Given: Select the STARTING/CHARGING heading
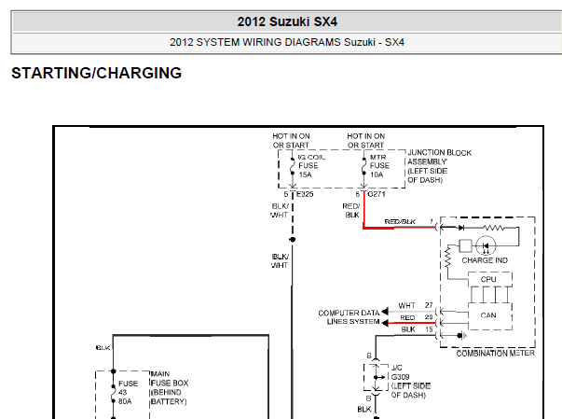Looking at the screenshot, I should click(96, 73).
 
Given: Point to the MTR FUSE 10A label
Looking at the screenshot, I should click(377, 165).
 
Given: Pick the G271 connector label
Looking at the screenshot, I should click(377, 194).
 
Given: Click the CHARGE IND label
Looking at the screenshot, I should click(484, 260).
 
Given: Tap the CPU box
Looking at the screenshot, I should click(488, 279).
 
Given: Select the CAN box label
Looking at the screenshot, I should click(488, 315).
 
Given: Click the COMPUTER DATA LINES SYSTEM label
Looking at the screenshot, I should click(349, 317).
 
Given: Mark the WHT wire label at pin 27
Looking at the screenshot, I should click(407, 305).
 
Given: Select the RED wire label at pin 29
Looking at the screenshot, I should click(407, 317).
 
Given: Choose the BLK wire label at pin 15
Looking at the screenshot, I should click(407, 329).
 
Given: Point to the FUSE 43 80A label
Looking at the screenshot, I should click(128, 393).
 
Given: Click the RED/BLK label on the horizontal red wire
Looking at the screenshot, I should click(410, 221).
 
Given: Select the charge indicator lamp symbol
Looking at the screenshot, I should click(487, 246).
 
